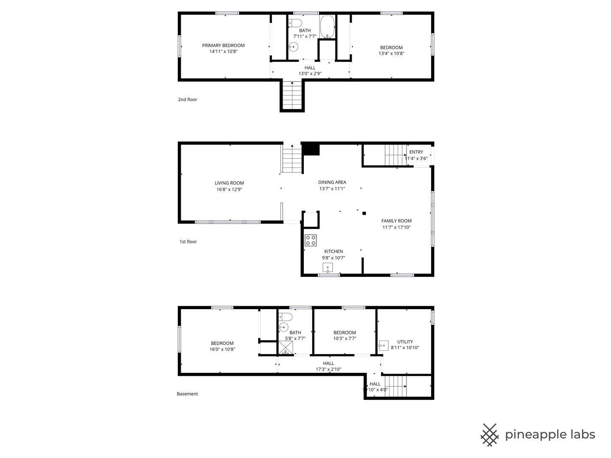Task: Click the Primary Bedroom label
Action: pos(223,45)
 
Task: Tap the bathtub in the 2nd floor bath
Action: pos(327,27)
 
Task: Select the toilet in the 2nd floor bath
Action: pos(295,22)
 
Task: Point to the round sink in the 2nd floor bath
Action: pos(293,47)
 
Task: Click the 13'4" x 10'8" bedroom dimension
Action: pos(391,53)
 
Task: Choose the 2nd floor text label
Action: pos(188,99)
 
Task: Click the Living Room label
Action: pos(229,183)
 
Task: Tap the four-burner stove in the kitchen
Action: pos(311,240)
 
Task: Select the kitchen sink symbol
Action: pos(328,268)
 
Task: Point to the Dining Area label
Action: pos(332,182)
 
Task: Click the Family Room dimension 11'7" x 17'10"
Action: pos(396,227)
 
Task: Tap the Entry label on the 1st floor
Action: pos(416,152)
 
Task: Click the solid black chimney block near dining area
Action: pos(311,150)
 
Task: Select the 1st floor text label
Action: pos(188,241)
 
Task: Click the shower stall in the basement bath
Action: pos(286,348)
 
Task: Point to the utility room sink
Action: pos(384,345)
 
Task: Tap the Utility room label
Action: pos(405,341)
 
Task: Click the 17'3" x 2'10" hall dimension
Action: pos(328,369)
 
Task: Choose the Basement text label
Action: pos(188,394)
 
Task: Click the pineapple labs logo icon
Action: pos(490,435)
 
